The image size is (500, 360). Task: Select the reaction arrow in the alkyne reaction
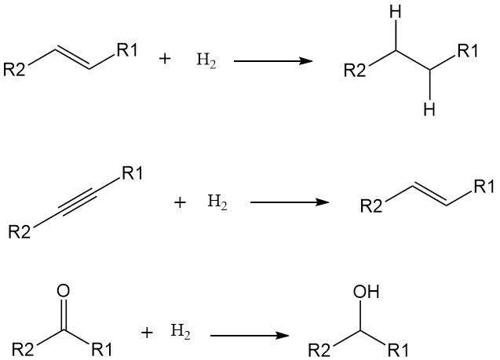coord(288,202)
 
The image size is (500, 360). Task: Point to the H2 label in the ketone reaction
coord(181,333)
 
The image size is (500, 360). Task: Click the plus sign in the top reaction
coord(165,60)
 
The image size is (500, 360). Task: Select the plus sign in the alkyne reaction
coord(180,202)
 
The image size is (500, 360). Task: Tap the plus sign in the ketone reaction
coord(147,333)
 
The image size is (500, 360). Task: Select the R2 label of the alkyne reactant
coord(20,232)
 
